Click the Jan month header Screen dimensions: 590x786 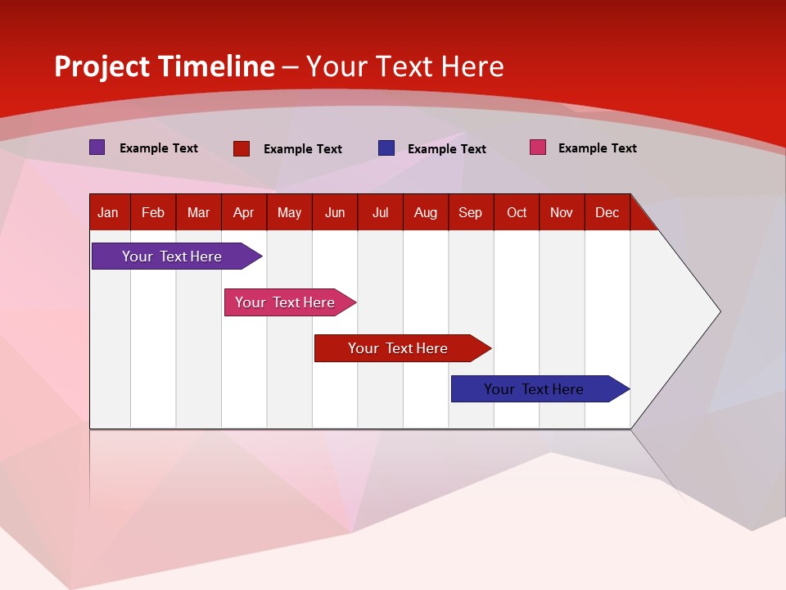(109, 212)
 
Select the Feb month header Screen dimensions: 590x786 (153, 212)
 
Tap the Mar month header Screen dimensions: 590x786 (198, 212)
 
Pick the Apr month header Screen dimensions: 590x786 (244, 212)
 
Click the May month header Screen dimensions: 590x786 (289, 212)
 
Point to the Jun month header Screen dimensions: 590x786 (335, 212)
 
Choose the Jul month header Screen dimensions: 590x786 (380, 212)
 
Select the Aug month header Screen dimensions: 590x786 (426, 212)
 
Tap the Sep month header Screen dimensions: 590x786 (471, 212)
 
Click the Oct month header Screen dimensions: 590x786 (517, 212)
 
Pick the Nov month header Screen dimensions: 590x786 (562, 212)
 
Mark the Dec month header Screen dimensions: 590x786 (608, 212)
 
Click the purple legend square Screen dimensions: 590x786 (97, 147)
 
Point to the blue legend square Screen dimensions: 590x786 (386, 148)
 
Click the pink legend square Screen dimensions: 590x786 (537, 147)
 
